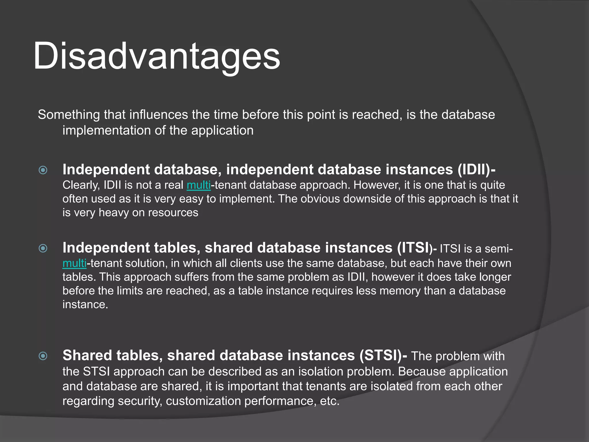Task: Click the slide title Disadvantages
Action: pyautogui.click(x=157, y=56)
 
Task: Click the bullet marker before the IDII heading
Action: pyautogui.click(x=43, y=170)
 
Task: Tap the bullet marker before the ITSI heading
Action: pyautogui.click(x=43, y=248)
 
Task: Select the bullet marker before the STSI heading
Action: pyautogui.click(x=43, y=356)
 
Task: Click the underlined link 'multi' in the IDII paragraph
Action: pyautogui.click(x=198, y=185)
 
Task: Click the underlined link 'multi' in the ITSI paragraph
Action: pyautogui.click(x=74, y=263)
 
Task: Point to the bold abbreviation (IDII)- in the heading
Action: pyautogui.click(x=476, y=169)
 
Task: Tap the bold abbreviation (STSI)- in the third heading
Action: pyautogui.click(x=383, y=355)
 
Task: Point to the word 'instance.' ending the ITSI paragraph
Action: pyautogui.click(x=85, y=304)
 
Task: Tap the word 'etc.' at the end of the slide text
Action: pyautogui.click(x=330, y=401)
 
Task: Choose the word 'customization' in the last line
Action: pyautogui.click(x=203, y=401)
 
